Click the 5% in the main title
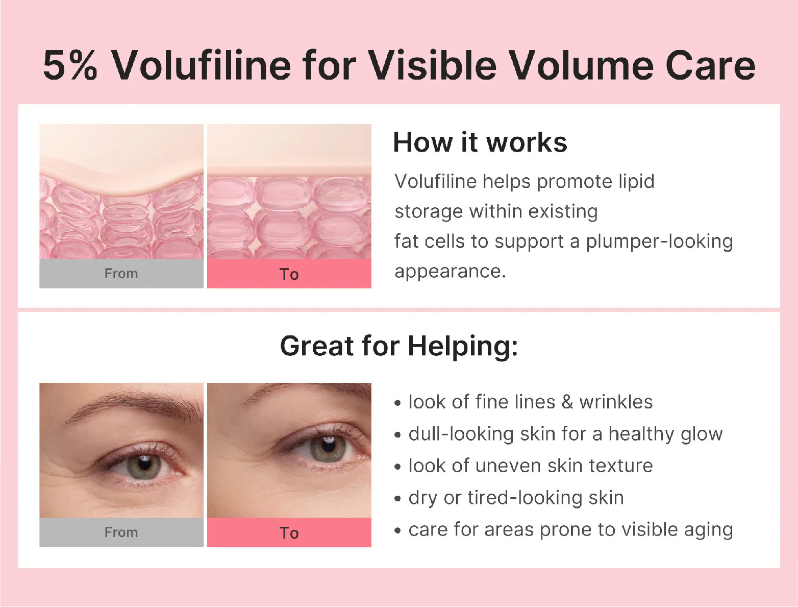pos(70,65)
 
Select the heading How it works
pos(480,142)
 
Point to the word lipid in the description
pos(636,181)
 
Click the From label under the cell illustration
pos(121,274)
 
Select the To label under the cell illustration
pos(289,274)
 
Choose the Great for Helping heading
pos(399,346)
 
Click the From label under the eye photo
pos(121,532)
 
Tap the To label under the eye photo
pos(289,533)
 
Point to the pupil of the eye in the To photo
pos(329,445)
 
